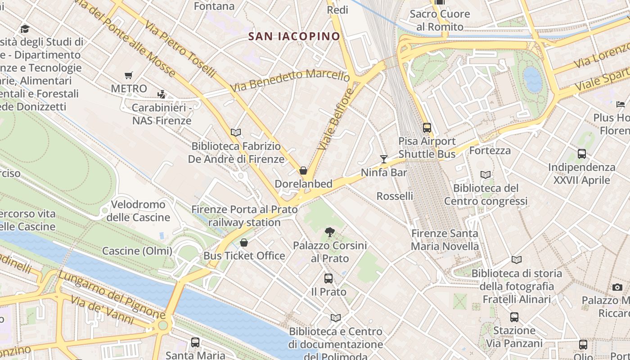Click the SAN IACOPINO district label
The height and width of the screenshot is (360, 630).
click(x=294, y=36)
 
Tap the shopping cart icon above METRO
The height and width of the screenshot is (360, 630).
click(x=129, y=76)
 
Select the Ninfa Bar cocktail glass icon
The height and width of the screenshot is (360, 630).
click(x=384, y=159)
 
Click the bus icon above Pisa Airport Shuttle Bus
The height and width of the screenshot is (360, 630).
click(x=427, y=128)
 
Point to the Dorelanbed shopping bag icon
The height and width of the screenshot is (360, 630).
click(x=303, y=171)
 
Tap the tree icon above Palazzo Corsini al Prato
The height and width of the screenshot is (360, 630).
click(x=330, y=232)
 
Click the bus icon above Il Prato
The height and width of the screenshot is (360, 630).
click(x=328, y=279)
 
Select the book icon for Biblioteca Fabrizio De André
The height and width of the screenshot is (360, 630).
click(x=236, y=132)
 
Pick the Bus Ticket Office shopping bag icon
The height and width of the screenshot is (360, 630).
click(x=244, y=243)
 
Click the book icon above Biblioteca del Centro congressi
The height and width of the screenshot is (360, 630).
click(x=486, y=175)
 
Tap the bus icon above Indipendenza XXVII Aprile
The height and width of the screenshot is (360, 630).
click(x=582, y=154)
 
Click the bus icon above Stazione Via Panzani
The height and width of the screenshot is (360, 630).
click(x=514, y=317)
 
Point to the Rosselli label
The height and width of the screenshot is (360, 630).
click(x=395, y=196)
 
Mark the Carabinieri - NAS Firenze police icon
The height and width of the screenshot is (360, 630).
click(x=162, y=94)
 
